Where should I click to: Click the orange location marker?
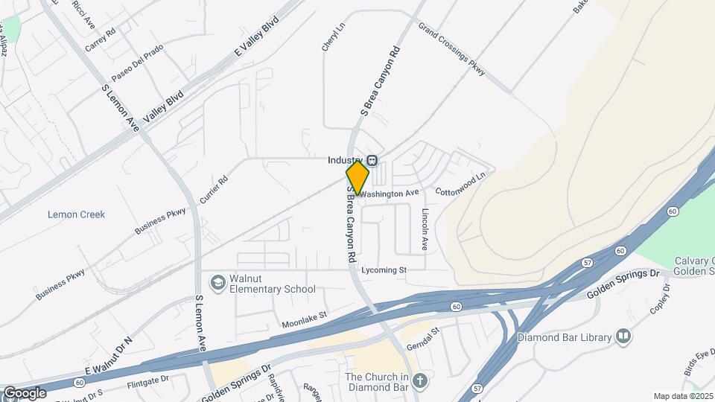(357, 177)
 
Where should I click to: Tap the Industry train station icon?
(371, 160)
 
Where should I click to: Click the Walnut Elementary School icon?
(217, 283)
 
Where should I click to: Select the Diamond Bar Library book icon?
(623, 336)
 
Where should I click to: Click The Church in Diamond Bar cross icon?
(420, 381)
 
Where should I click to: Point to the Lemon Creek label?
(76, 214)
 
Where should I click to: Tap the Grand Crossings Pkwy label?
(451, 48)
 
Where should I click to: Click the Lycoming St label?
(384, 269)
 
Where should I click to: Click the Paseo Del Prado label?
(137, 63)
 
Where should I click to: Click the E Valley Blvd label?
(260, 37)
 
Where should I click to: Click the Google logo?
(25, 392)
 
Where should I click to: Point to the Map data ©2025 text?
(682, 396)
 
